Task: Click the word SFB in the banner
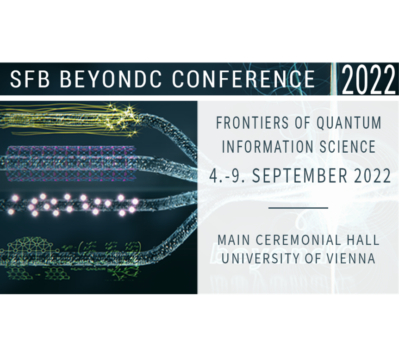tap(29, 79)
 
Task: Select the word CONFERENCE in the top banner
tap(243, 79)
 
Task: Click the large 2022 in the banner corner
tap(368, 79)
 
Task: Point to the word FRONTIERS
tap(252, 122)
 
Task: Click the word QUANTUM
tap(349, 122)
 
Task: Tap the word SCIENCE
tap(348, 146)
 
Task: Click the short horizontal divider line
tap(298, 208)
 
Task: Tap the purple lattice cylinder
tap(70, 164)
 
